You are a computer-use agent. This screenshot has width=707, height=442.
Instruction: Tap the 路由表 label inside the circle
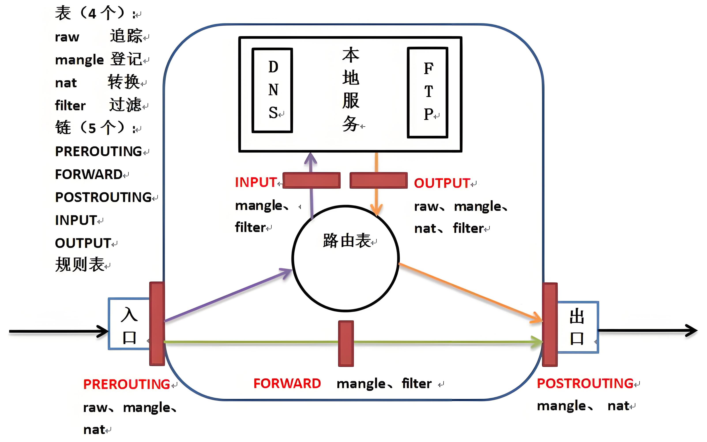coord(347,241)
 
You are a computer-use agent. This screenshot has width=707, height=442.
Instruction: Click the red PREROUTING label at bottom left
coord(127,384)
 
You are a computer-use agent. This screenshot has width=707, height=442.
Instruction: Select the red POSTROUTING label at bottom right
coord(585,384)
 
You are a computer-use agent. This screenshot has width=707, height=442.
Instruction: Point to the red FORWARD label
coord(287,384)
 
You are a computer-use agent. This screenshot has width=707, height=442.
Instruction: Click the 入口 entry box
coord(129,324)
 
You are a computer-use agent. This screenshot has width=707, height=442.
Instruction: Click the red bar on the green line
coord(346,343)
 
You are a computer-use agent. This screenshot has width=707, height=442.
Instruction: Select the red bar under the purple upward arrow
coord(311,180)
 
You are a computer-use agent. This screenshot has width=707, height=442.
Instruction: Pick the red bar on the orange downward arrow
coord(378,180)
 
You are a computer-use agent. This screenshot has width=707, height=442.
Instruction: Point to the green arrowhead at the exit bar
coord(537,342)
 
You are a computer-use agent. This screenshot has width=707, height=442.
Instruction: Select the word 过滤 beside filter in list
coord(125,105)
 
